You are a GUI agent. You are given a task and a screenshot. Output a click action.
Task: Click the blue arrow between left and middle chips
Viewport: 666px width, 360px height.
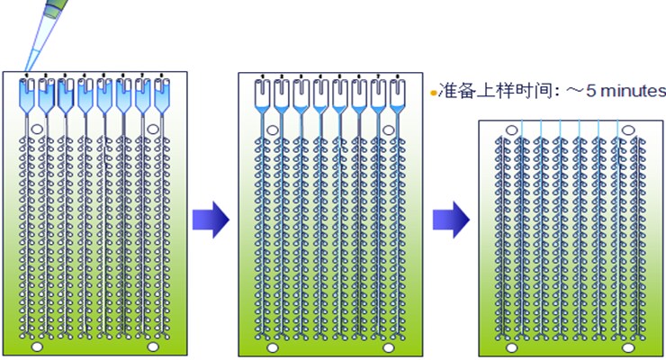(x=211, y=220)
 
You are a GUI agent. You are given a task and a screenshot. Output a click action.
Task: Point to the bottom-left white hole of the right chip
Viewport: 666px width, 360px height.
(x=511, y=346)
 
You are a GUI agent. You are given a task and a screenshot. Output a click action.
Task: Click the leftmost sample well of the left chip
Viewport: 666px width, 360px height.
(x=26, y=92)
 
